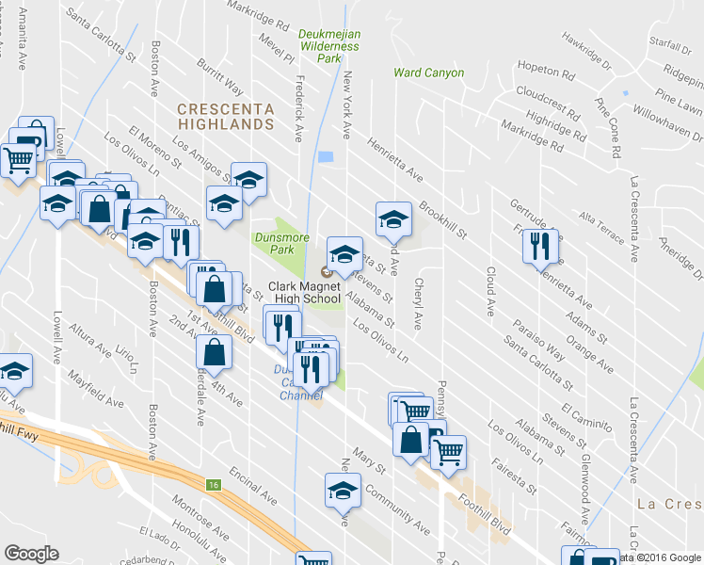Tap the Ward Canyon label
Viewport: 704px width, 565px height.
tap(428, 73)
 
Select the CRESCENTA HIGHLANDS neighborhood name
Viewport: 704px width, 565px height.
tap(227, 116)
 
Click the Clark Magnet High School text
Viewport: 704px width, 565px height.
tap(305, 292)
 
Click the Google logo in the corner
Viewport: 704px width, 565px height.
tap(31, 554)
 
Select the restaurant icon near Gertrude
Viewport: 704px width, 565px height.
tap(539, 246)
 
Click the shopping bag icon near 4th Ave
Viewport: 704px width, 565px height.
tap(215, 352)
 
